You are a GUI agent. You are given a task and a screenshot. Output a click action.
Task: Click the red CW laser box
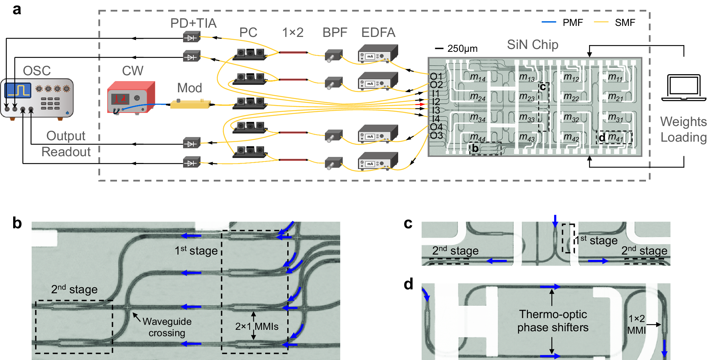(131, 97)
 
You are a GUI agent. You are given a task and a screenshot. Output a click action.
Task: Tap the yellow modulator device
(190, 104)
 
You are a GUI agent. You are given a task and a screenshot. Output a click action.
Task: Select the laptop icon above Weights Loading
(684, 87)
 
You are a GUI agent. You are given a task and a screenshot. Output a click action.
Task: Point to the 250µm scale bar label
(462, 49)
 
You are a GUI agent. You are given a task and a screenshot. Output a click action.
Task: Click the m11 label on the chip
(615, 77)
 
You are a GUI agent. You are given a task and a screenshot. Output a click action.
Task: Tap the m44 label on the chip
(477, 137)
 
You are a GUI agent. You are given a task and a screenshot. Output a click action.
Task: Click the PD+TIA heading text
(193, 23)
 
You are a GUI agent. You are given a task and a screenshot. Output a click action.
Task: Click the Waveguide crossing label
(167, 327)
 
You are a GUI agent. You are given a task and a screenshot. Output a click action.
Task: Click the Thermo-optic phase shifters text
(553, 321)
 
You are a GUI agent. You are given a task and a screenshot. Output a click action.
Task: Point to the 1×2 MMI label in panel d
(636, 324)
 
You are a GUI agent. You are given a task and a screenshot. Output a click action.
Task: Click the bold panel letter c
(408, 224)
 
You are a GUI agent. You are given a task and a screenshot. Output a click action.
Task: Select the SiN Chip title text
(532, 45)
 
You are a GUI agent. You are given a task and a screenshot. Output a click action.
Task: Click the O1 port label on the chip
(436, 76)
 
